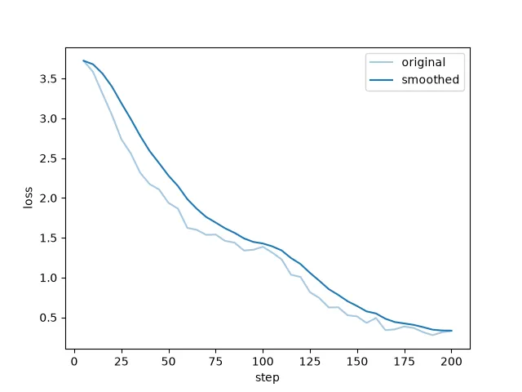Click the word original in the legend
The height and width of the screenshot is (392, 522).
[x=423, y=63]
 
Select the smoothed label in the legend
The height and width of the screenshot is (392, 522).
[x=430, y=80]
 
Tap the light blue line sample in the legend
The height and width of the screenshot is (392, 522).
[x=381, y=62]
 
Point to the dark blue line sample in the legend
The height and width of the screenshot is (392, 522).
[x=381, y=80]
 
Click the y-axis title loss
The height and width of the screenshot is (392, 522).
[x=29, y=198]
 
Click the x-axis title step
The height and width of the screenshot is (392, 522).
[x=268, y=378]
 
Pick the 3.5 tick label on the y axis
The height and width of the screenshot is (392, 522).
[x=48, y=79]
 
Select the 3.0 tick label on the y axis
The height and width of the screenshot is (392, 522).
[x=48, y=119]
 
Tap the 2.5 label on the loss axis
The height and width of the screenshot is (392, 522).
[x=48, y=158]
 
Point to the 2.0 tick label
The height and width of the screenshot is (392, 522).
[x=48, y=198]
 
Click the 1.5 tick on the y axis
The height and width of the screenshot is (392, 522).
[x=48, y=238]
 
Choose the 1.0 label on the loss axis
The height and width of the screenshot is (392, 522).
[x=48, y=278]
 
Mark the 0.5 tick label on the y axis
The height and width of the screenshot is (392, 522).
[x=48, y=318]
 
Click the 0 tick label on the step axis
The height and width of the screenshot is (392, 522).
[x=74, y=362]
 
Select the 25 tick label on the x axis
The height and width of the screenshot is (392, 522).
[x=122, y=362]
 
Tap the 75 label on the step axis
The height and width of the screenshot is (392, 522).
[x=215, y=362]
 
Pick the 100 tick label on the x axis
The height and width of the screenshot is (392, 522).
[x=263, y=362]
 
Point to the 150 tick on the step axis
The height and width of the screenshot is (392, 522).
[x=357, y=362]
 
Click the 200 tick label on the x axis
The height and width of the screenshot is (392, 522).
[x=451, y=362]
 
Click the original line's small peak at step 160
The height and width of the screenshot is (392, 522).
[x=376, y=318]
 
